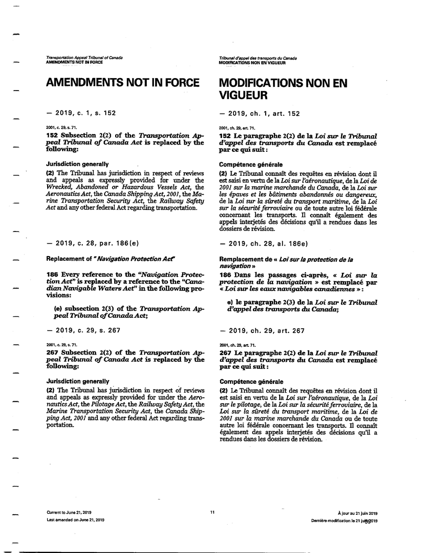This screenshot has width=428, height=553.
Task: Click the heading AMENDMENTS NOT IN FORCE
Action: (x=123, y=83)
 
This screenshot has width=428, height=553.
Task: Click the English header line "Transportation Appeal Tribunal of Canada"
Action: (x=84, y=57)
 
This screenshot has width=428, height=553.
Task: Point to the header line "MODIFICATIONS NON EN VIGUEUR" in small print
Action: (x=252, y=62)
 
